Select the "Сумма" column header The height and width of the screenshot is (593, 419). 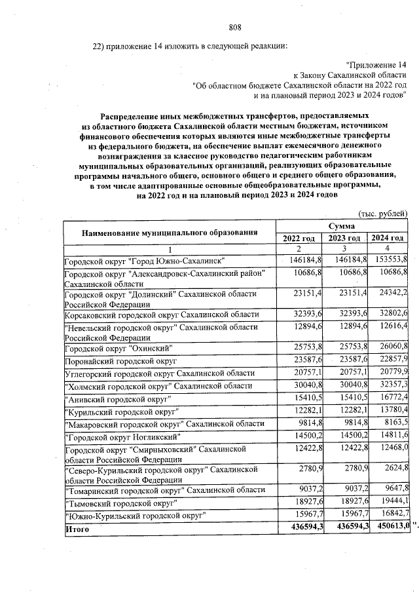click(342, 225)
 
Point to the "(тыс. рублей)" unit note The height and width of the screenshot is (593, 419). click(384, 214)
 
